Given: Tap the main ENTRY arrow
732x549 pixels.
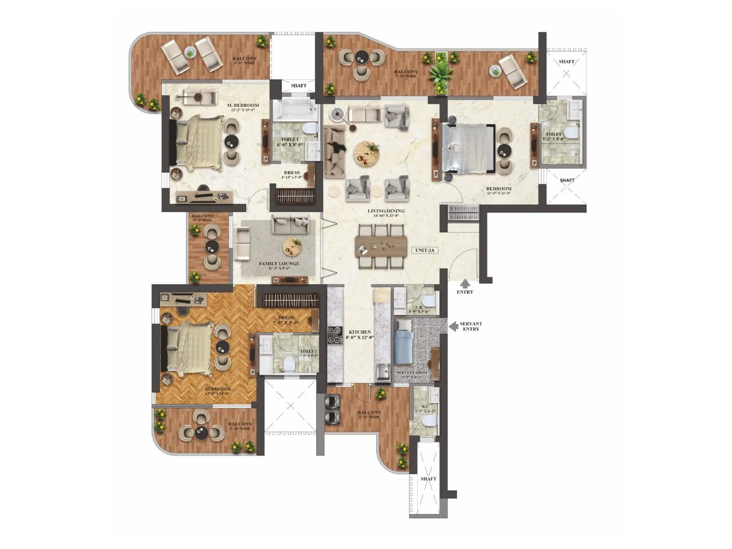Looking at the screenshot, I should (x=465, y=284).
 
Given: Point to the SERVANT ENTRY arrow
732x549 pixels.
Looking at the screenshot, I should (x=453, y=326).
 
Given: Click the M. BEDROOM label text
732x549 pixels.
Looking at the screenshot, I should (x=243, y=106).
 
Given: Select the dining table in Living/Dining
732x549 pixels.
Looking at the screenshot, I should (x=381, y=246).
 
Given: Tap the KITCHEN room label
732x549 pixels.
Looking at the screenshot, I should (x=360, y=332).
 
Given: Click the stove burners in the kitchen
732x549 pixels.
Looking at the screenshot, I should (x=334, y=334).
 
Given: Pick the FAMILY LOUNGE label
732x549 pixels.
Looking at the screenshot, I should (x=279, y=264).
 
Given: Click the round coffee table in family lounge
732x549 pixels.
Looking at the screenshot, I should (x=292, y=247).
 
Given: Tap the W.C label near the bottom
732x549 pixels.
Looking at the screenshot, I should (x=425, y=406).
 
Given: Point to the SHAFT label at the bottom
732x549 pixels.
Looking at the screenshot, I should (x=428, y=479).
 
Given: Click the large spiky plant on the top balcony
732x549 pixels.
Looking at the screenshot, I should (x=441, y=71).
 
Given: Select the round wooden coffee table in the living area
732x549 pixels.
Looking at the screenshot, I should (x=366, y=153).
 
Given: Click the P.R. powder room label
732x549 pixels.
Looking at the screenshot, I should (x=418, y=307).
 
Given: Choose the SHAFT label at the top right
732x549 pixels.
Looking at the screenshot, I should (x=566, y=61).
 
